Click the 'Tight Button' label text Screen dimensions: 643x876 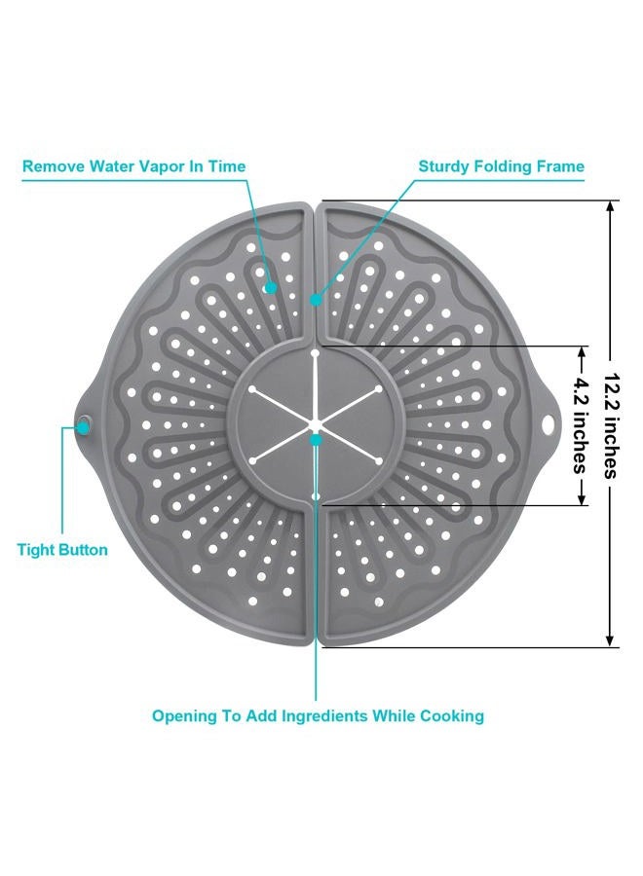coord(62,550)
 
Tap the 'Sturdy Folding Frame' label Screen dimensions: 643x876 coord(501,166)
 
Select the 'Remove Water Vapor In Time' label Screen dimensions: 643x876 coord(133,166)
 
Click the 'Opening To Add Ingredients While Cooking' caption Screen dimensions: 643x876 coord(318,715)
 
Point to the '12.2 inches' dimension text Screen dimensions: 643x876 coord(612,425)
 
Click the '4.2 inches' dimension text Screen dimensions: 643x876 coord(581,425)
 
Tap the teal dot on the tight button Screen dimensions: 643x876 coord(84,427)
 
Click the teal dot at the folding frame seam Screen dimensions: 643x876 coord(316,300)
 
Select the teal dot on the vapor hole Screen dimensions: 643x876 coord(271,288)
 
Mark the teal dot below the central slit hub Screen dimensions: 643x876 coord(316,440)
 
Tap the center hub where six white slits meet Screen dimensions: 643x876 coord(316,424)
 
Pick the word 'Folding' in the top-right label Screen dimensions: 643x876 coord(503,166)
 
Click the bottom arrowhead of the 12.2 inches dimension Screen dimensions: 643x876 coord(611,641)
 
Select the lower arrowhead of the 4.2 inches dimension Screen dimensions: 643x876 coord(582,499)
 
